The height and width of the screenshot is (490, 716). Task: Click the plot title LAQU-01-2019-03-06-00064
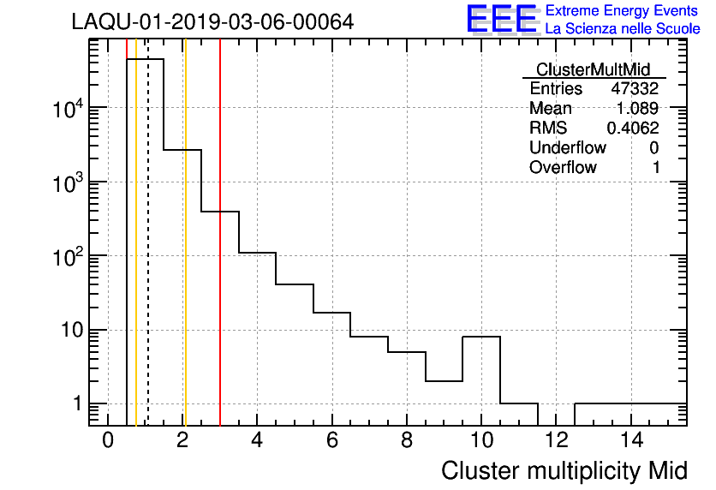click(212, 21)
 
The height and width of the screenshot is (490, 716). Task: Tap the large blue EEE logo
click(502, 19)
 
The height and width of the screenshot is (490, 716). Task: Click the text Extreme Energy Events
click(622, 11)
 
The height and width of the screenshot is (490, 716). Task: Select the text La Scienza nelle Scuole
click(622, 29)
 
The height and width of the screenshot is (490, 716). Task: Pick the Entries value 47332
click(635, 89)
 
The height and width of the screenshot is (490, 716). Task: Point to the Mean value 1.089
click(638, 109)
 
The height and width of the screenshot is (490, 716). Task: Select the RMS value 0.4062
click(633, 128)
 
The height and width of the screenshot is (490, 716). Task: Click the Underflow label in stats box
click(568, 148)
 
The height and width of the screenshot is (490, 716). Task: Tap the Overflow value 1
click(656, 168)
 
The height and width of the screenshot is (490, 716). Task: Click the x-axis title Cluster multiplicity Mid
click(564, 470)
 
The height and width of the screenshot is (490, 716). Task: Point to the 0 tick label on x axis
click(108, 440)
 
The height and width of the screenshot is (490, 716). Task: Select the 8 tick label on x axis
click(407, 440)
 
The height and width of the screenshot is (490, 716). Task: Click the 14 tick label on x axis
click(631, 440)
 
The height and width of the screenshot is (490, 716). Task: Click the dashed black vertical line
click(148, 257)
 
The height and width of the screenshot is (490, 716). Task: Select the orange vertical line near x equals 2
click(185, 257)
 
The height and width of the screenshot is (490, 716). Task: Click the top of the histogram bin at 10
click(481, 337)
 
